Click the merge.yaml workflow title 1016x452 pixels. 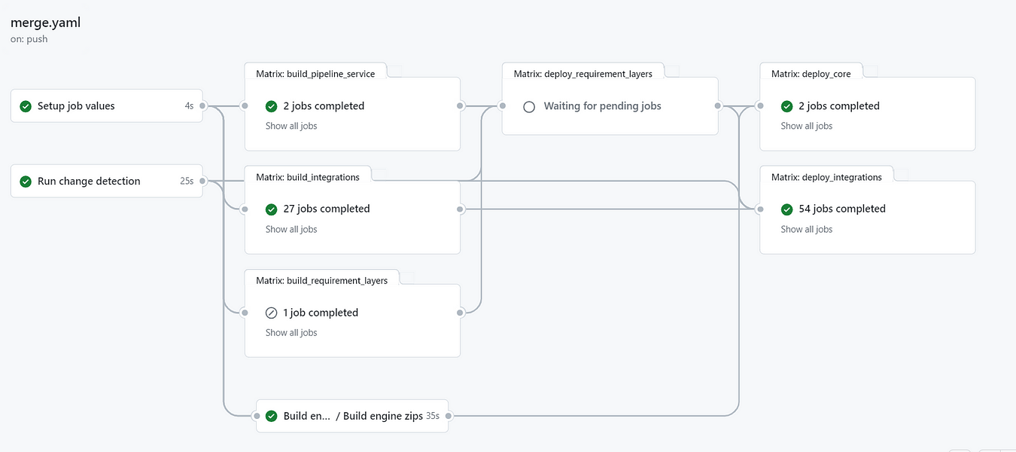click(46, 23)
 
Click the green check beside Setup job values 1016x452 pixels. click(26, 106)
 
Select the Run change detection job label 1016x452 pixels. click(89, 182)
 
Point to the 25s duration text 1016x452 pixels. click(187, 182)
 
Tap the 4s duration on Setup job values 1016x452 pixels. click(189, 106)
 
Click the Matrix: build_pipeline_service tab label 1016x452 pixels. click(315, 74)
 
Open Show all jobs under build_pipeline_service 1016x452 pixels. click(291, 126)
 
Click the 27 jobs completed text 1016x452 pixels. click(327, 209)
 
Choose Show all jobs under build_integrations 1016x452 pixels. click(291, 229)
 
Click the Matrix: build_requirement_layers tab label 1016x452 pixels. click(321, 280)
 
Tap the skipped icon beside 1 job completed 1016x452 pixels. click(272, 313)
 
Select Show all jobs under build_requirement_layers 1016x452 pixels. click(291, 332)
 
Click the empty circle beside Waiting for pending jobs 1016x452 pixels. click(529, 106)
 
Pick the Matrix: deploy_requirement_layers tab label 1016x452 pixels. click(583, 74)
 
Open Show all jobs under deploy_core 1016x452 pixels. click(807, 126)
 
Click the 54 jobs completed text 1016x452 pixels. click(842, 209)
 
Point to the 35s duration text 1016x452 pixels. click(433, 416)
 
